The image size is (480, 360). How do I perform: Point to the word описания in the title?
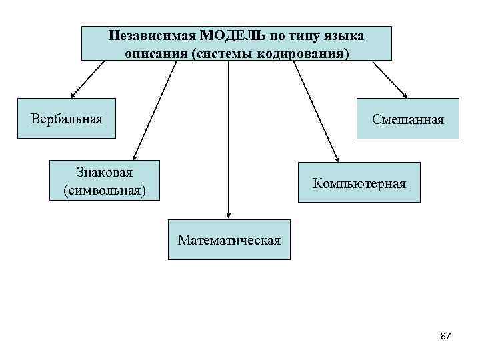pyautogui.click(x=155, y=53)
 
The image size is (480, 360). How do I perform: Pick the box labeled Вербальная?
pyautogui.click(x=67, y=119)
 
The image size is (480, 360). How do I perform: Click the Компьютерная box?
pyautogui.click(x=359, y=183)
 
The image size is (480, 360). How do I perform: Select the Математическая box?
pyautogui.click(x=229, y=239)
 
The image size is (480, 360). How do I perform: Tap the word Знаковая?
pyautogui.click(x=105, y=173)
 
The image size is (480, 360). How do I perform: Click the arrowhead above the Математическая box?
pyautogui.click(x=229, y=215)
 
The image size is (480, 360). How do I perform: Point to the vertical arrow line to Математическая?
pyautogui.click(x=229, y=133)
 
